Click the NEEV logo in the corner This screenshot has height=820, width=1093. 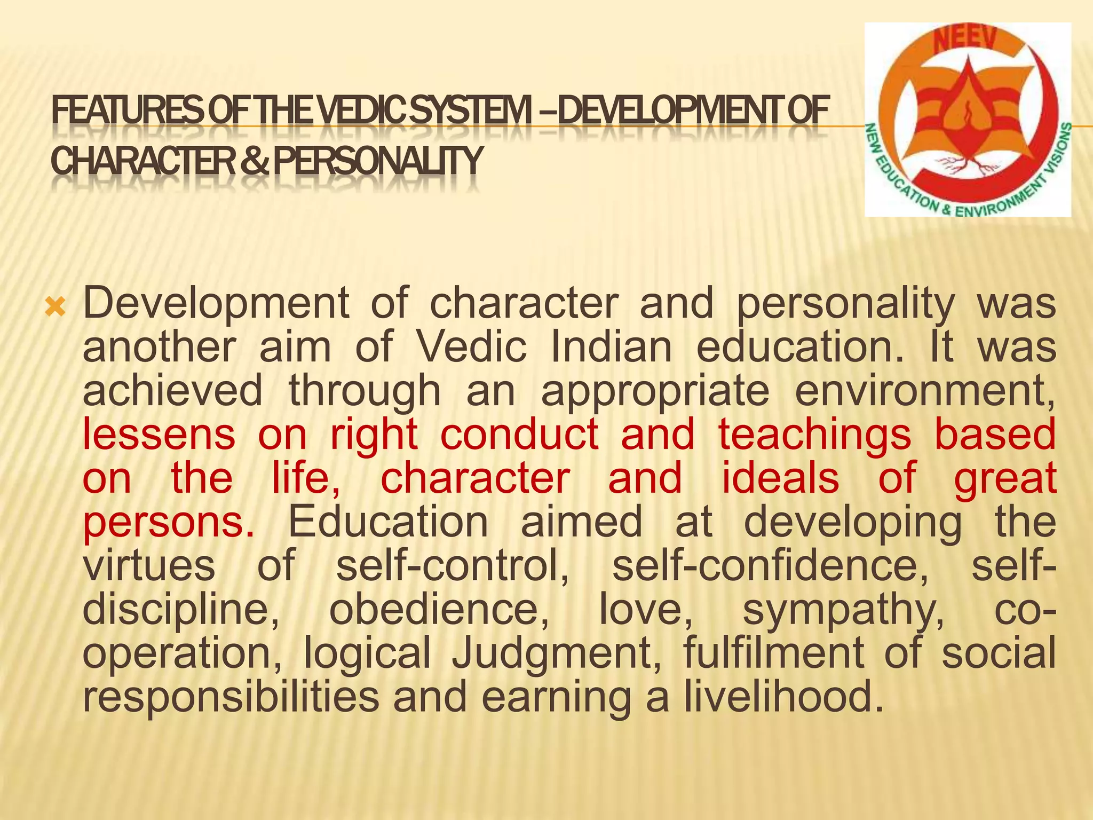pos(967,120)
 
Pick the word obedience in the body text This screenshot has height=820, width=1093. pos(439,610)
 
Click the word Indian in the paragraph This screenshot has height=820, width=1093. pos(611,347)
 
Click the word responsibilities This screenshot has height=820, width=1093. pos(231,697)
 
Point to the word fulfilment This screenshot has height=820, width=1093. pos(773,653)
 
